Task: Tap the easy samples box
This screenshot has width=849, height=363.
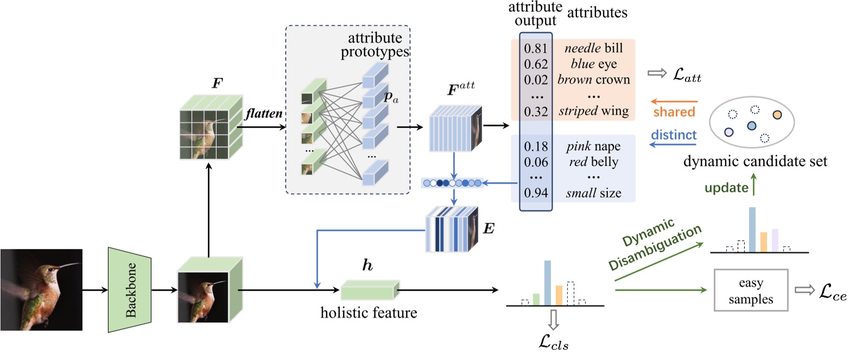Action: [x=751, y=290]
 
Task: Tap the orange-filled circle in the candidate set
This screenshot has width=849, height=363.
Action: [x=778, y=115]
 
